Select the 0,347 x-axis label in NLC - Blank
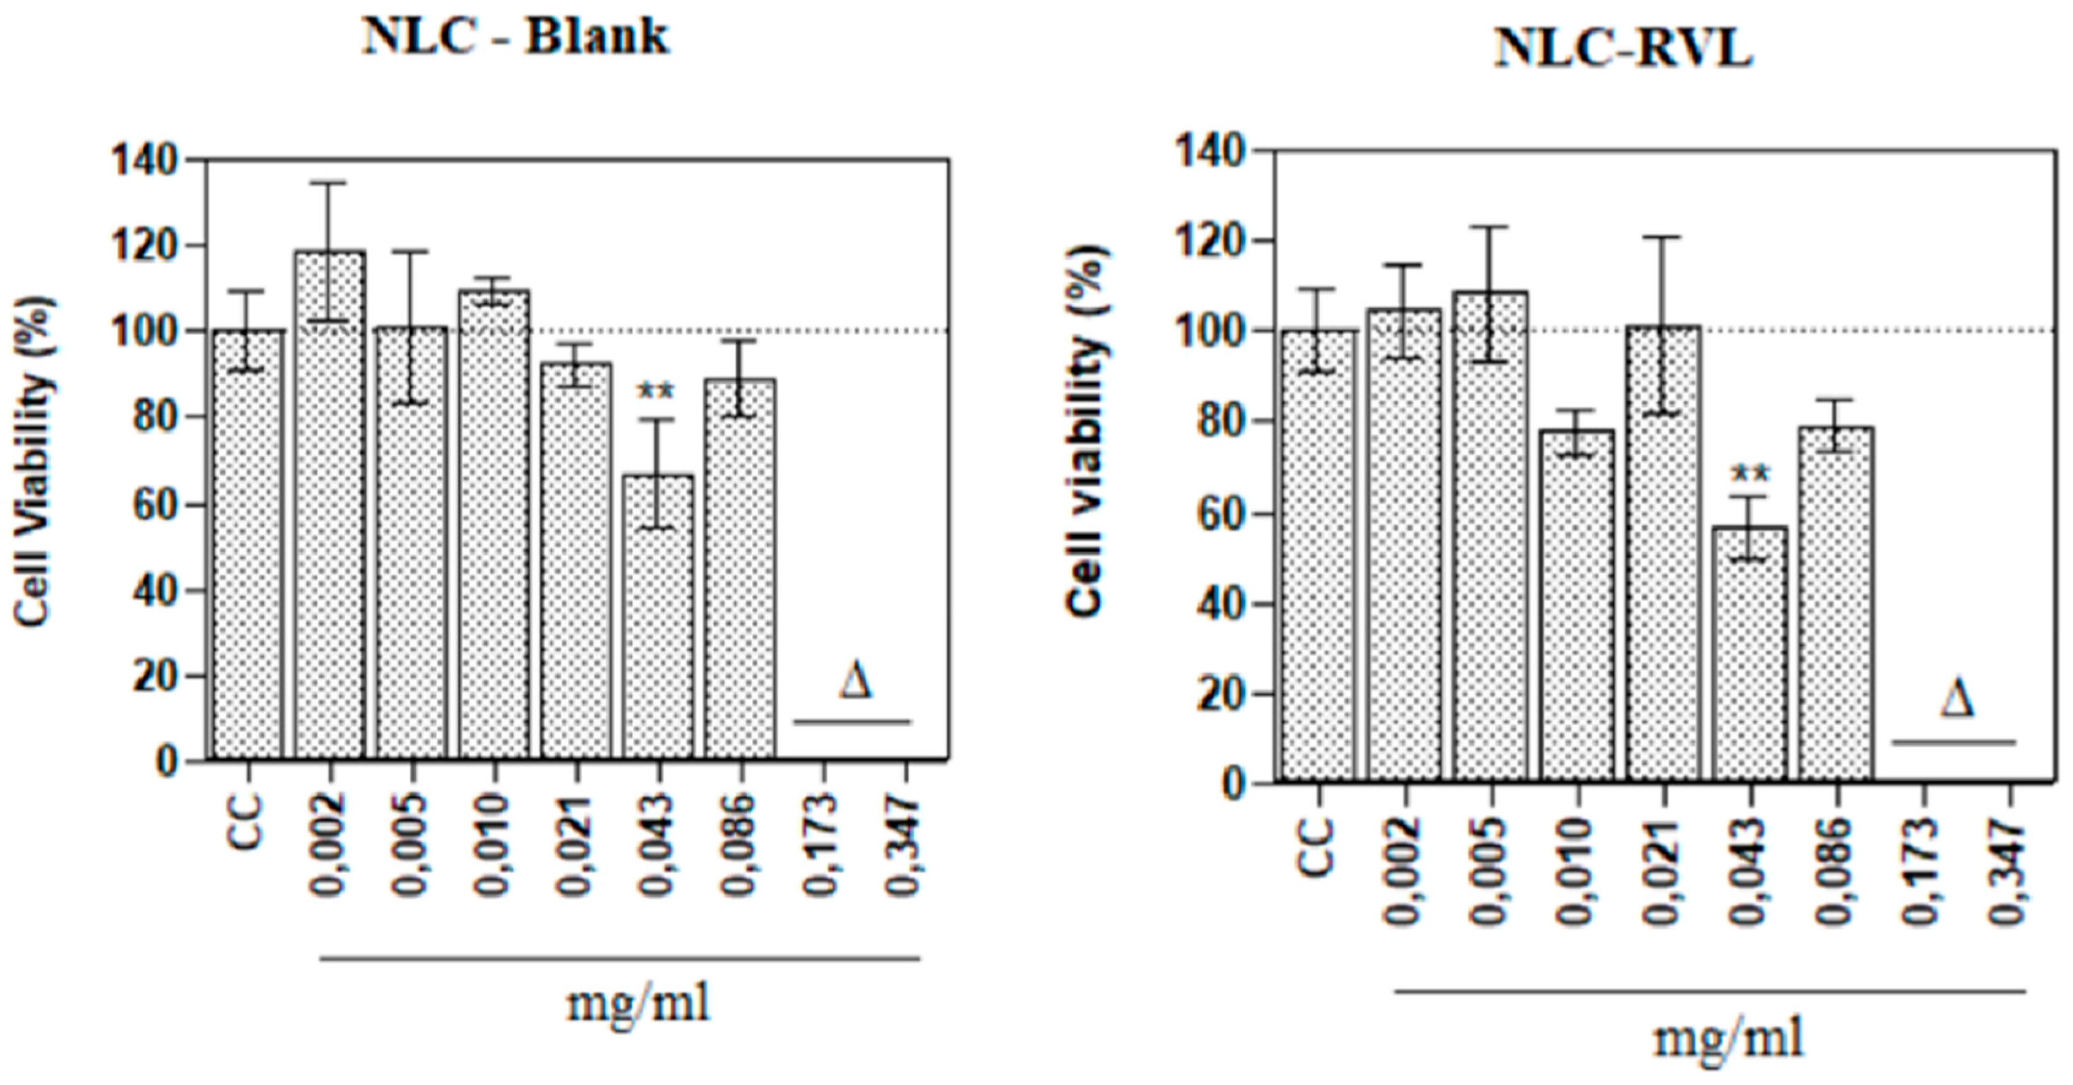pyautogui.click(x=905, y=844)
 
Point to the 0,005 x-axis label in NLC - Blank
pyautogui.click(x=412, y=844)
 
